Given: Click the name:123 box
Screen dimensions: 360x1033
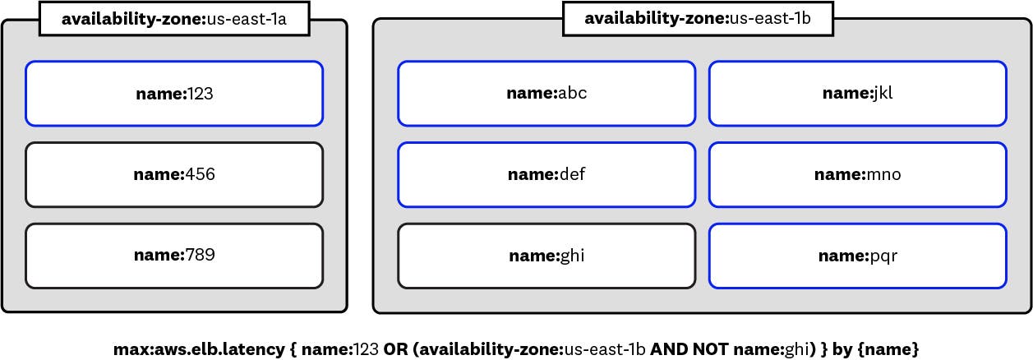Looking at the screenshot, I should click(174, 94).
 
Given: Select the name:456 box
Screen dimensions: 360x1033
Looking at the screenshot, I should click(174, 174).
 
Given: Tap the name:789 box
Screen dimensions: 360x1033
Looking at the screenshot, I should click(174, 256).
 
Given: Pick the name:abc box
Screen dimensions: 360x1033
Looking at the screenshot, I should click(546, 94).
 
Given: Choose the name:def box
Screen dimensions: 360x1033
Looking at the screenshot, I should click(546, 174).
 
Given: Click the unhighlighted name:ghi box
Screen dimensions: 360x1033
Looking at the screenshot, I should click(546, 256).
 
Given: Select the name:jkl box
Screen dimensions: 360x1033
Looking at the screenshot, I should click(857, 94).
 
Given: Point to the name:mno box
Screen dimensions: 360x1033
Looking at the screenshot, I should click(857, 174).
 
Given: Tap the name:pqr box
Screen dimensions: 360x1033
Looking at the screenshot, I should click(857, 256).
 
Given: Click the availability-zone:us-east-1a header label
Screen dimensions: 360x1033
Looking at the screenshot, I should click(173, 19).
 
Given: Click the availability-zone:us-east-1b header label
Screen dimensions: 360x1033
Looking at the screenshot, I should click(698, 19).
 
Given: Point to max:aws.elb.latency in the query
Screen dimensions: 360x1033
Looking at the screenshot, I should click(199, 349).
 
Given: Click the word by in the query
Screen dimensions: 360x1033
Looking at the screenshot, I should click(842, 349).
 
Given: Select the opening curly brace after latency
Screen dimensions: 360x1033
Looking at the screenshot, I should click(292, 349).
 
